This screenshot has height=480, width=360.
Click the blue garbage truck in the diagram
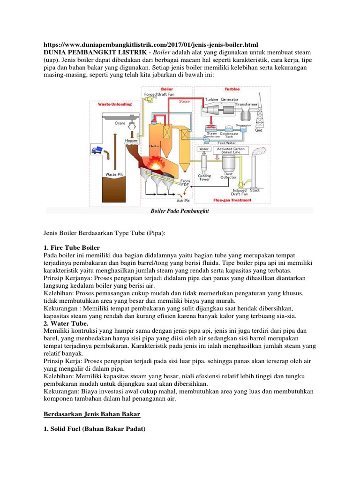coord(97,150)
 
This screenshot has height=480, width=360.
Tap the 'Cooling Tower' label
coord(204,179)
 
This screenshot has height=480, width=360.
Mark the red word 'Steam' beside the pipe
coord(185,101)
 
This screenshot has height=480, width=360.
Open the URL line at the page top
coord(150,45)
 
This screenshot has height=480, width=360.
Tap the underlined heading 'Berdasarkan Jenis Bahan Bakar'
coord(91,414)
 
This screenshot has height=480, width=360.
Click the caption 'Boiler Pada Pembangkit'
coord(180,211)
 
